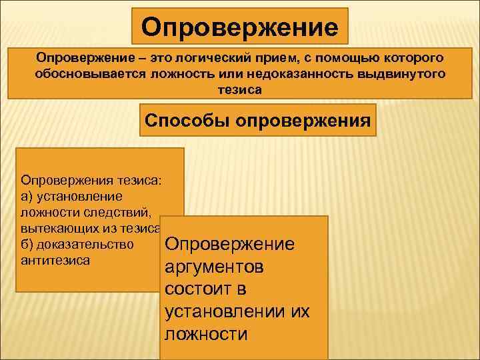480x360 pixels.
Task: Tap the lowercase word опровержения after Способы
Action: [x=309, y=121]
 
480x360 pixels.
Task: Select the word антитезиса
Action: [x=55, y=260]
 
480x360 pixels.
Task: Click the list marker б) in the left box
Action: [x=29, y=244]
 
